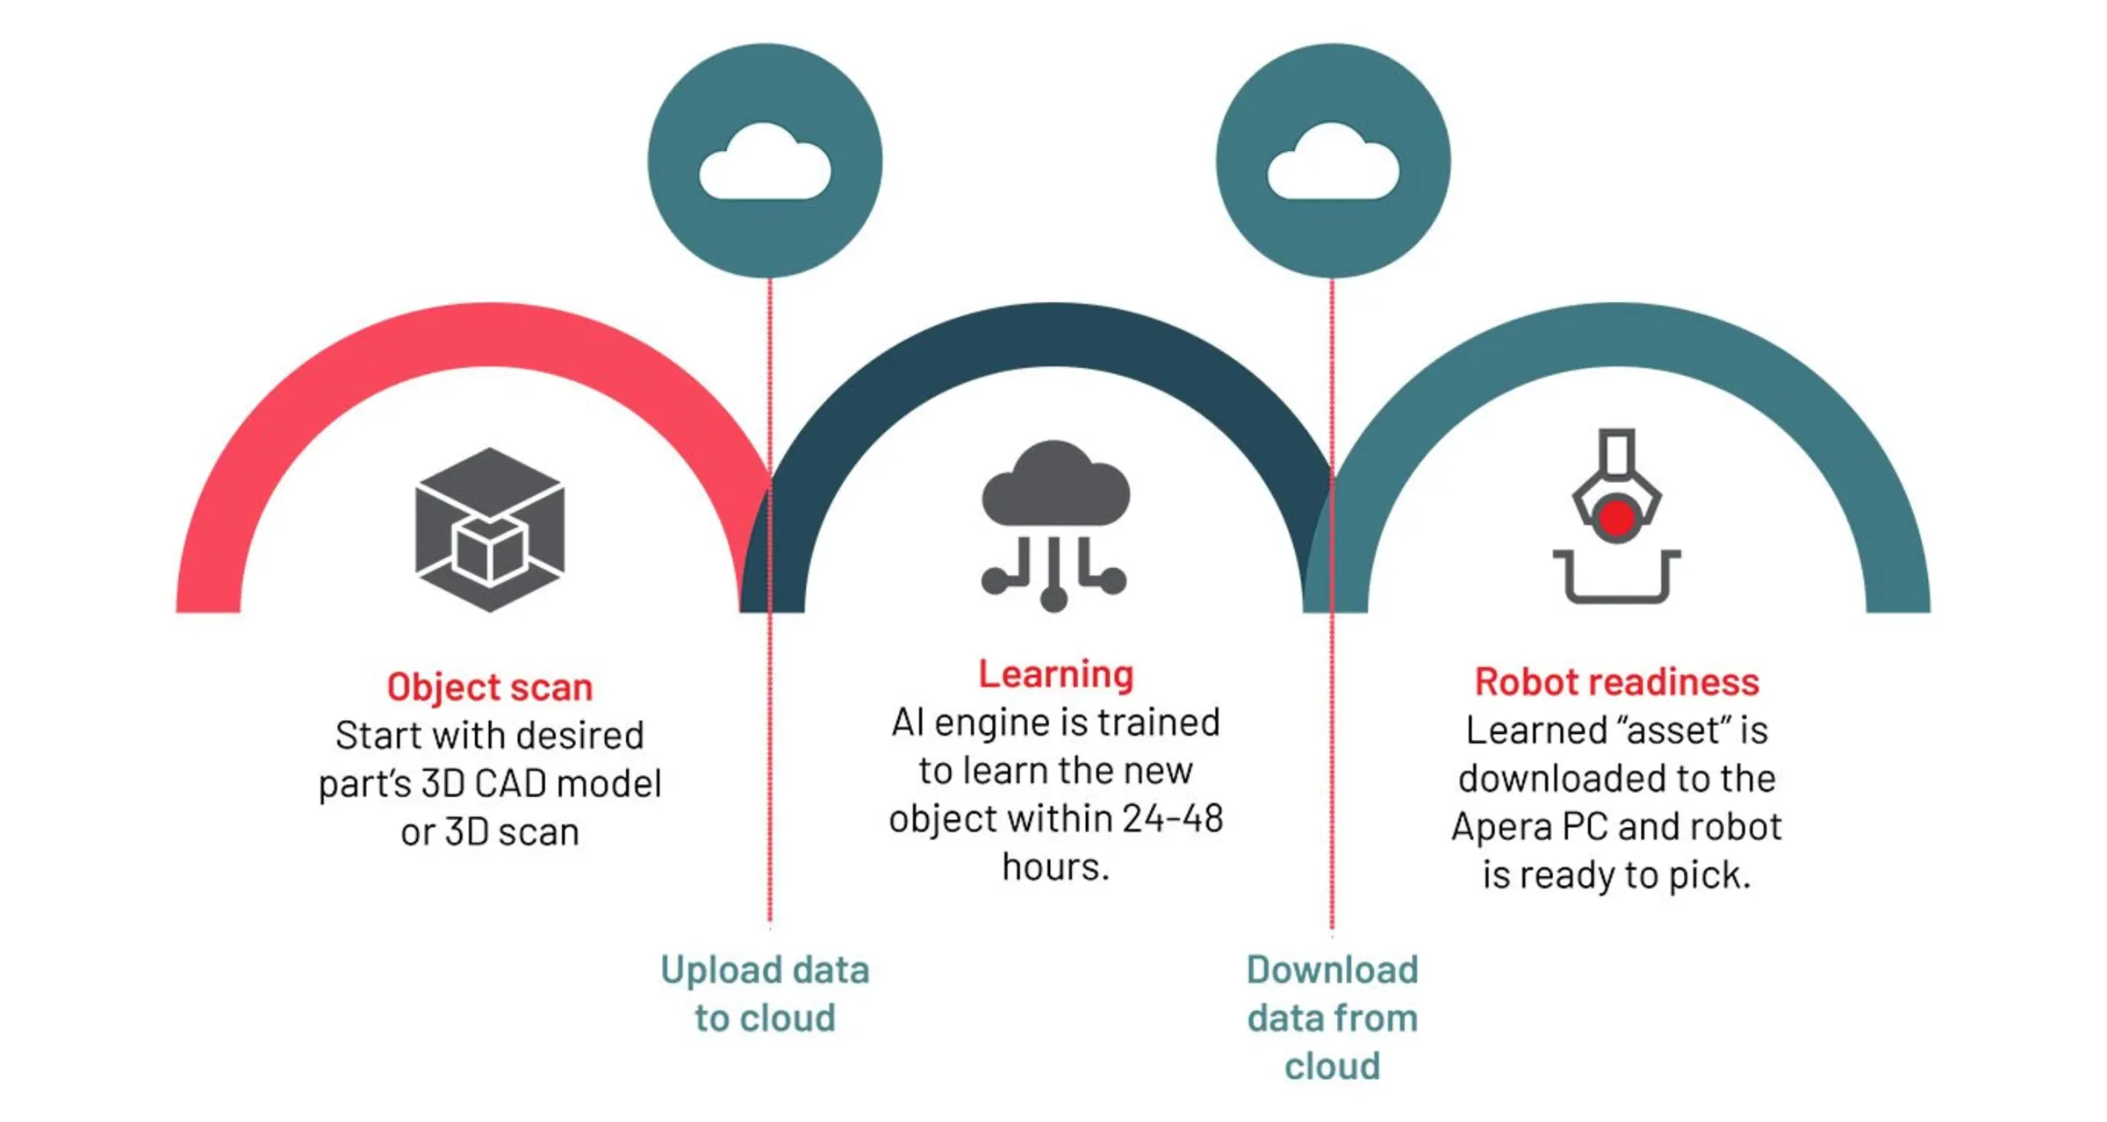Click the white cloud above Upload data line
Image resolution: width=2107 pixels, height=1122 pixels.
[765, 163]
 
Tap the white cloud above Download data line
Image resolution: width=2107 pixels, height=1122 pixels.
[1333, 163]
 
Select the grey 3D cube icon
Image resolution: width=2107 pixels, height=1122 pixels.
[490, 529]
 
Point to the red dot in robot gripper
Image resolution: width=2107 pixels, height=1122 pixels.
[1616, 518]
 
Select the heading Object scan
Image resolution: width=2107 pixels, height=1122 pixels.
[490, 687]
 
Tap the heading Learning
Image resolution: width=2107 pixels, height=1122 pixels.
[1056, 674]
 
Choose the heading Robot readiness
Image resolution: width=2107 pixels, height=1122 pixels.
[1616, 682]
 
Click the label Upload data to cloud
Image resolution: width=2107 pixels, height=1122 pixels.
[765, 994]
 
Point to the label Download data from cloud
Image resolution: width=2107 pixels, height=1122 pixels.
[1333, 1018]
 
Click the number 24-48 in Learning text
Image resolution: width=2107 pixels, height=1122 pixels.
[1172, 819]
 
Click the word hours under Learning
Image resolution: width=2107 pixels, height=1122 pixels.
[1056, 867]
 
